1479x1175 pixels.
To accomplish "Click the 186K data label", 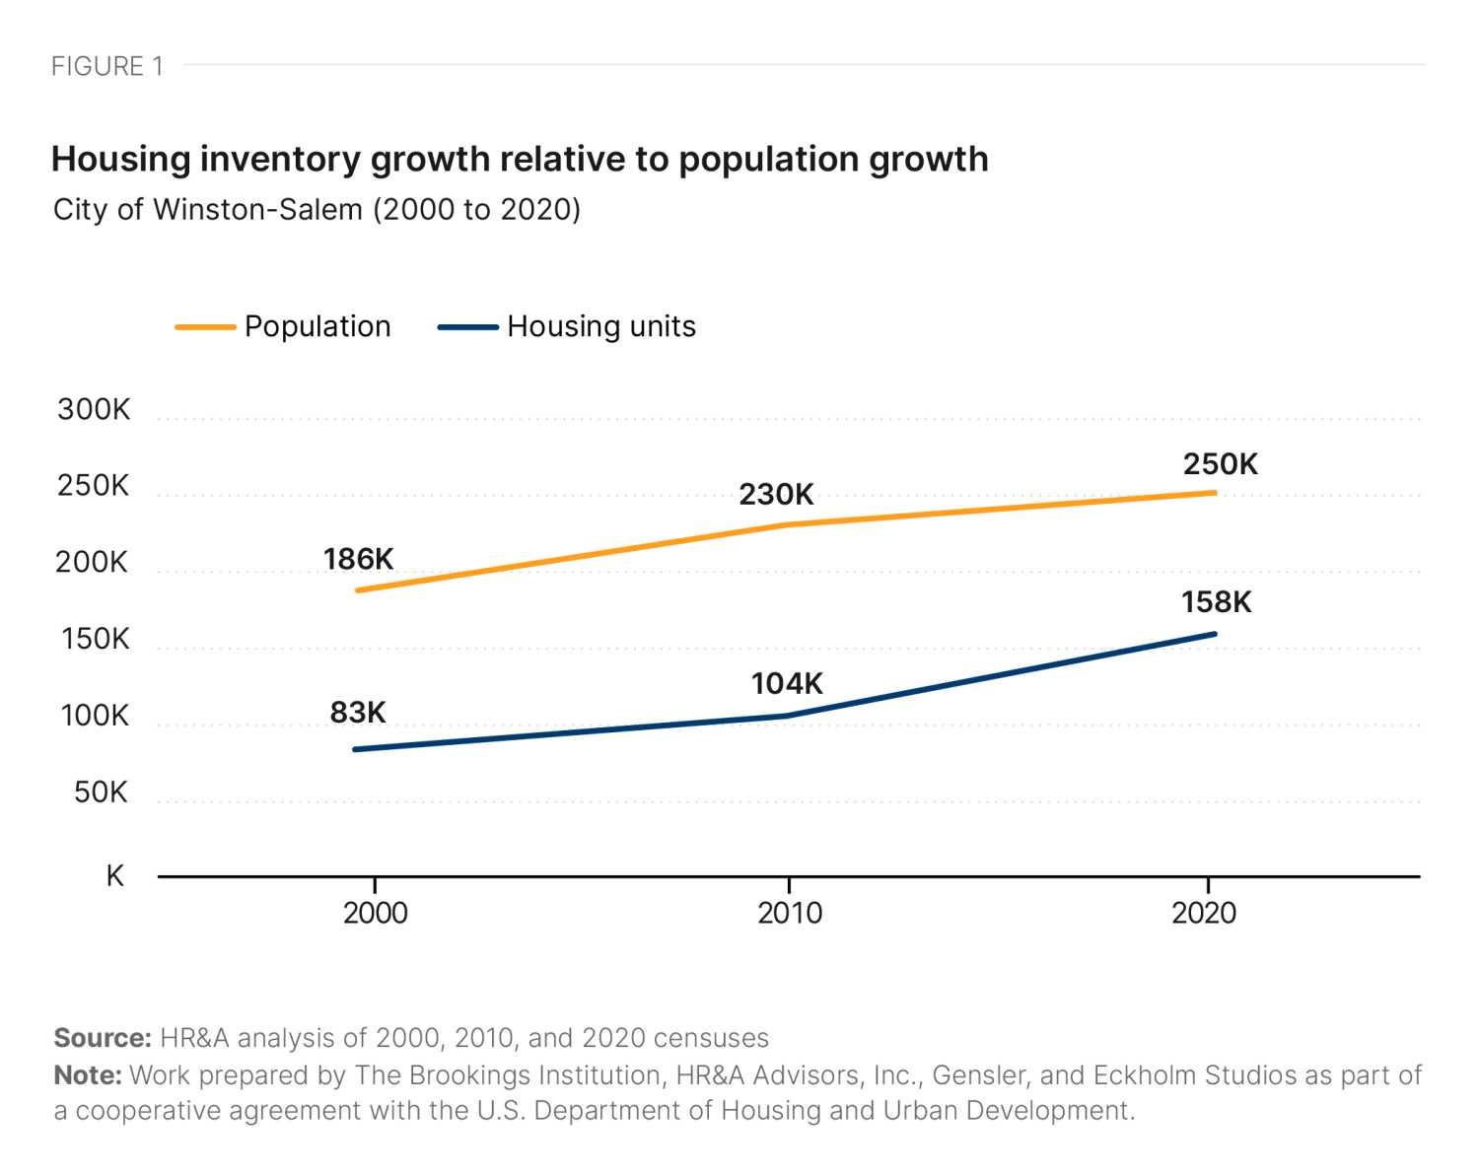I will click(x=358, y=559).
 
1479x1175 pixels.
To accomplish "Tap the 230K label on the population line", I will click(x=776, y=494).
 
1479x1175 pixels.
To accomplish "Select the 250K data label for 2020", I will click(x=1220, y=464).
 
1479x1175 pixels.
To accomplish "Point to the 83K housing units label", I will click(x=358, y=712).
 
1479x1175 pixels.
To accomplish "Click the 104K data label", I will click(x=786, y=683).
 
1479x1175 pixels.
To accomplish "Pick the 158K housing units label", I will click(x=1216, y=601).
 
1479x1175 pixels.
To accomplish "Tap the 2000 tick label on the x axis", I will click(x=375, y=913).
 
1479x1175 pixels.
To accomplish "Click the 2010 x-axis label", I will click(x=789, y=913).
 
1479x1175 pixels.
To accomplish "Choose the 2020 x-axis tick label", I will click(x=1204, y=913).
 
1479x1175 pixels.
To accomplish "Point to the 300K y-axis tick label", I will click(x=94, y=409).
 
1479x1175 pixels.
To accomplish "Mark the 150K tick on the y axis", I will click(x=95, y=639).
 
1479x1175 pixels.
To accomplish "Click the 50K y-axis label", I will click(x=101, y=792).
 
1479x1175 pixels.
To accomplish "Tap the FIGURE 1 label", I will click(x=106, y=66).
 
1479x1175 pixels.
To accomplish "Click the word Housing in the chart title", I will click(x=120, y=159).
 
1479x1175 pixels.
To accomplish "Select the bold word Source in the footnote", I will click(x=102, y=1038).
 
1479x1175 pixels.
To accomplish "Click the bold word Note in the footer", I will click(x=87, y=1074).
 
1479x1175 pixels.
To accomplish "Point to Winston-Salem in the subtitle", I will click(x=257, y=210).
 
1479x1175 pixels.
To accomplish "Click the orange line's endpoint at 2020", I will click(x=1215, y=493).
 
